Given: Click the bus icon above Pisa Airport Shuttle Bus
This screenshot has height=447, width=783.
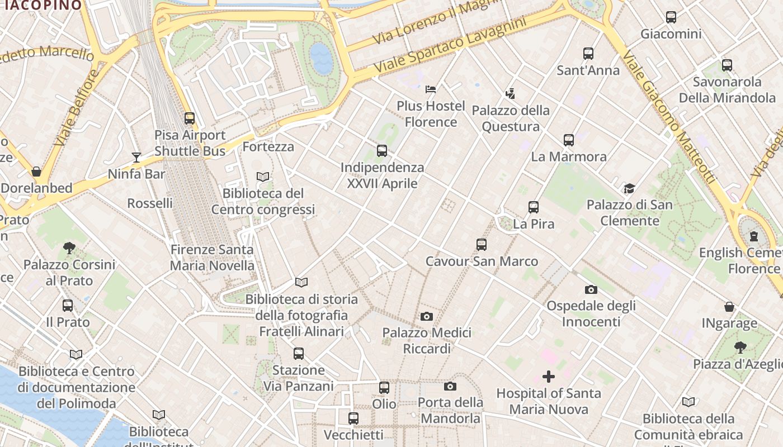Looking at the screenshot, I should (x=190, y=118).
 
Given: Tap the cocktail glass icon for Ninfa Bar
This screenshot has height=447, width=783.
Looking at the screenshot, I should (x=136, y=157).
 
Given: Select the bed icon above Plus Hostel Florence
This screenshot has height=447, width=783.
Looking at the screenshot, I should (x=431, y=89).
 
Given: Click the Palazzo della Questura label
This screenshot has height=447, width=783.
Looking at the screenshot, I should (x=511, y=118).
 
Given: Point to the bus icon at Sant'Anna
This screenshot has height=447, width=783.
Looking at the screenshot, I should (x=588, y=54).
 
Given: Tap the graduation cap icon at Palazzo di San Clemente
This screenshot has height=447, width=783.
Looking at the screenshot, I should (x=630, y=188).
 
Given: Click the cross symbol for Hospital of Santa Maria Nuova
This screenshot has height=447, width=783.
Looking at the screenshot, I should (x=549, y=377).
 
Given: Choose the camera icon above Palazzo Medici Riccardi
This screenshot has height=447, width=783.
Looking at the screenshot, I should (x=427, y=316).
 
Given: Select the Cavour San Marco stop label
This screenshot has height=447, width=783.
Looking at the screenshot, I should (x=482, y=261).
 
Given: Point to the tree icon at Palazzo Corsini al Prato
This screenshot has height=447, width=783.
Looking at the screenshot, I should (x=69, y=248).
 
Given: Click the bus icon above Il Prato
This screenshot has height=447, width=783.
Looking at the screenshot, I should (x=68, y=306).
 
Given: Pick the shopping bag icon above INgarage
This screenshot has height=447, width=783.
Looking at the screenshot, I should (x=729, y=307).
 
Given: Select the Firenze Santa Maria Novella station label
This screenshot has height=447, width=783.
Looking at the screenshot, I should (x=212, y=258).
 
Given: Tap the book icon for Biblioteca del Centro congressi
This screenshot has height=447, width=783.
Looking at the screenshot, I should (x=263, y=177).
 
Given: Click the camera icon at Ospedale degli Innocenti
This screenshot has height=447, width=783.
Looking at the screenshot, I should (x=591, y=289).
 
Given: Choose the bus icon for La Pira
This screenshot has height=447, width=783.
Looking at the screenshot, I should (x=534, y=207).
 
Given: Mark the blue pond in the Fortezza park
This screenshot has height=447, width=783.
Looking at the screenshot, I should (x=322, y=58).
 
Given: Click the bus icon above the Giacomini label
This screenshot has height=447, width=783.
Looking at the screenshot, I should (x=671, y=17).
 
